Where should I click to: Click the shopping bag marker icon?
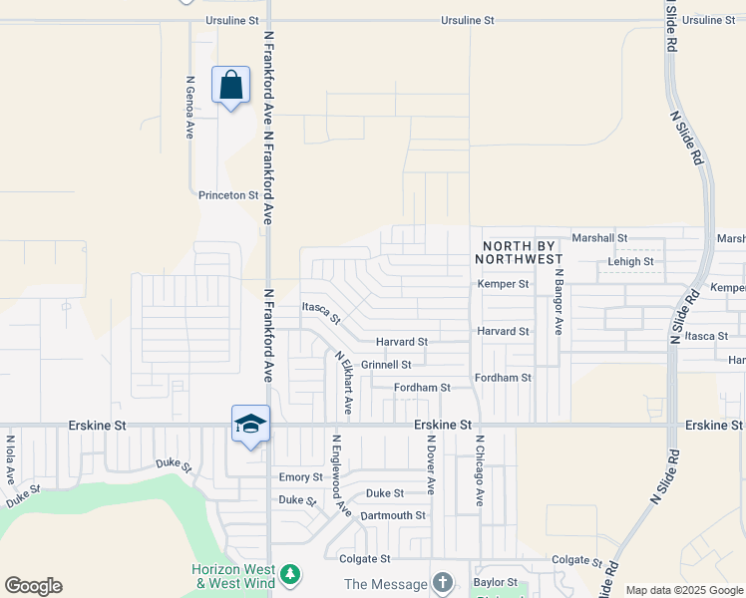[x=231, y=85]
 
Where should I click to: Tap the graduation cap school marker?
[x=250, y=424]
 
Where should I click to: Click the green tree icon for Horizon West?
[x=290, y=575]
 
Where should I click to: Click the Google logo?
[x=33, y=586]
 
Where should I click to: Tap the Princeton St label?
[x=228, y=195]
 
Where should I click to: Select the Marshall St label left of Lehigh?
[x=599, y=238]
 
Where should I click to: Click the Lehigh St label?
[x=631, y=262]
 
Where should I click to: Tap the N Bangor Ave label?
[x=559, y=301]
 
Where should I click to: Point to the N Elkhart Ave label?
[x=343, y=383]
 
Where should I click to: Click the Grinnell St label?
[x=386, y=365]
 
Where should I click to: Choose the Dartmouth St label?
[x=393, y=515]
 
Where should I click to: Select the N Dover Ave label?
[x=431, y=464]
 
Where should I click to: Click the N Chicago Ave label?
[x=480, y=470]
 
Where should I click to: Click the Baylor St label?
[x=496, y=582]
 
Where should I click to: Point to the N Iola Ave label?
[x=10, y=457]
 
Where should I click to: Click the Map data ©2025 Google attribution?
[x=685, y=590]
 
